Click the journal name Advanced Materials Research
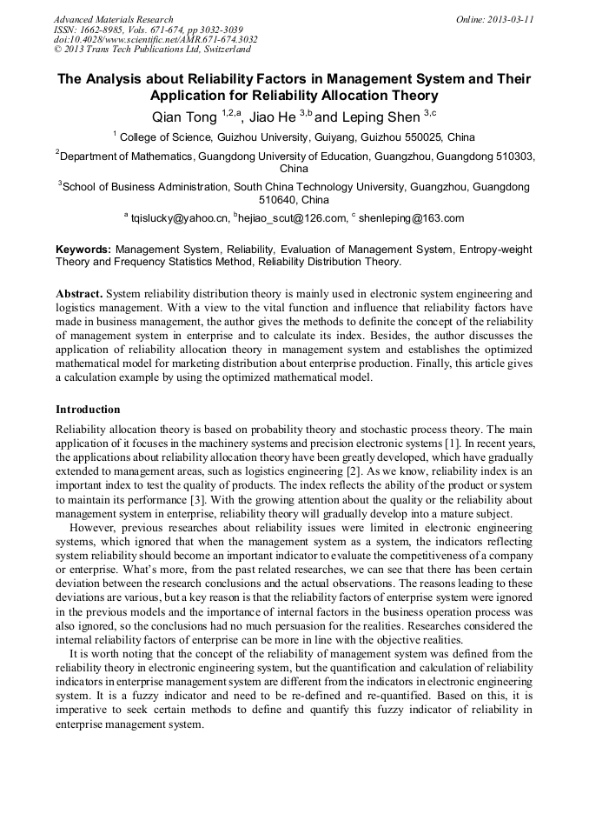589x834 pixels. click(x=114, y=19)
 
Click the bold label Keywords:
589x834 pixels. click(x=84, y=250)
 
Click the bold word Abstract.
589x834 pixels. click(x=78, y=294)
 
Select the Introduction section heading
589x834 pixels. click(x=88, y=409)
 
